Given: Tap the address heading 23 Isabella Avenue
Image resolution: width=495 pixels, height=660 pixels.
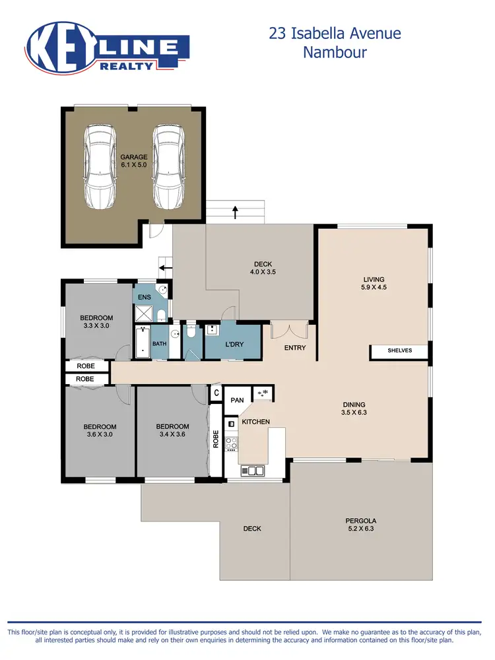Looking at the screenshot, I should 335,33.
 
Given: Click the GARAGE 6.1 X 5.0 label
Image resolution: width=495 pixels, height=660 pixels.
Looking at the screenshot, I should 133,160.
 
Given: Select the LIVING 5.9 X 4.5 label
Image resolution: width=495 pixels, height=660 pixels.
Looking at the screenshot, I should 374,283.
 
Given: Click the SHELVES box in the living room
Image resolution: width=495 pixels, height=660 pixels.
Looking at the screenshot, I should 399,350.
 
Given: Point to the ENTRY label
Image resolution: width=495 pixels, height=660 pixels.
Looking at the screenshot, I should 295,347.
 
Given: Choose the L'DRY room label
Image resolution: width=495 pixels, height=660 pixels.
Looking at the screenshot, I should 236,345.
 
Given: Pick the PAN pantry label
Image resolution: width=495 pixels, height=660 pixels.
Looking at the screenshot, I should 236,400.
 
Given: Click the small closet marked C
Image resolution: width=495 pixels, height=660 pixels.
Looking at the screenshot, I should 216,393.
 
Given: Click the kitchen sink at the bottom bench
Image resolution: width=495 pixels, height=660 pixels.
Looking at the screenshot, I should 253,471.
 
